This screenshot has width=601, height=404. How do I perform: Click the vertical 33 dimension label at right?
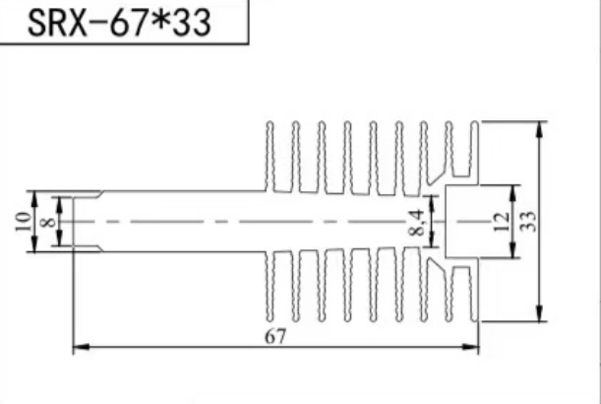527,222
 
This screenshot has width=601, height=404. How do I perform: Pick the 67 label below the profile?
275,337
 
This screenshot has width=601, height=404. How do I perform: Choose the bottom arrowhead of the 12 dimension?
514,254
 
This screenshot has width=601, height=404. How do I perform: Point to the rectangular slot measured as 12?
461,222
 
